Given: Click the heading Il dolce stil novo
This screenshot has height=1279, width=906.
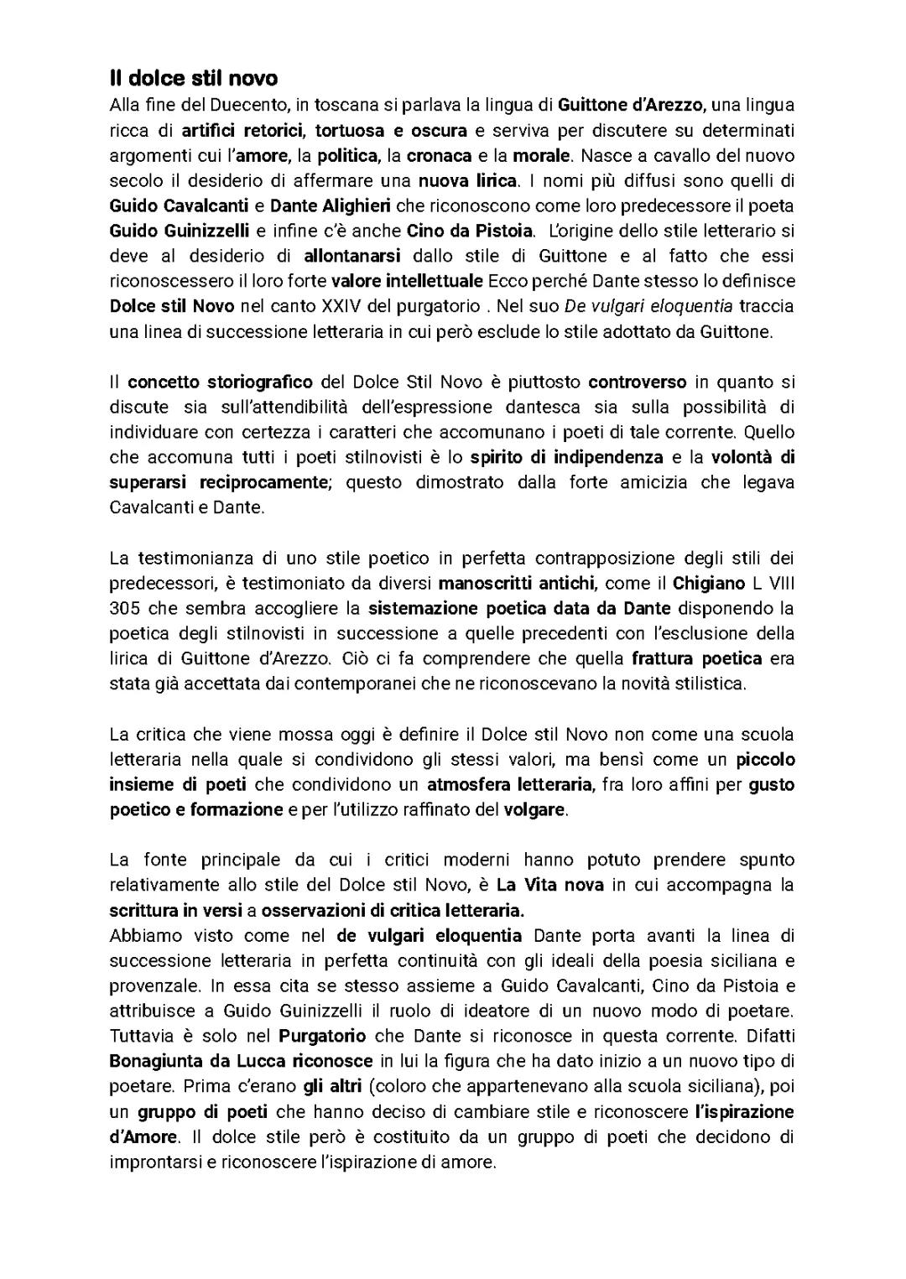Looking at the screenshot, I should point(193,79).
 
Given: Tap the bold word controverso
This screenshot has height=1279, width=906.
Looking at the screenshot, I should point(637,382).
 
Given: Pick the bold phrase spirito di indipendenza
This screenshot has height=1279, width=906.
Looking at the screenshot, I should point(566,457).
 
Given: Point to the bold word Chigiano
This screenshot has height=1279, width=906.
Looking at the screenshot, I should point(709,583).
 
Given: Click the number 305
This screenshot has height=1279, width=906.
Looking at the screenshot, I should point(124,608).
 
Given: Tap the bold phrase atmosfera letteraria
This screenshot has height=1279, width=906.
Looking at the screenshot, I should point(509,785).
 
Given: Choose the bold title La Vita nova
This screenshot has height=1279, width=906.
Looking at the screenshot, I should point(549,885).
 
